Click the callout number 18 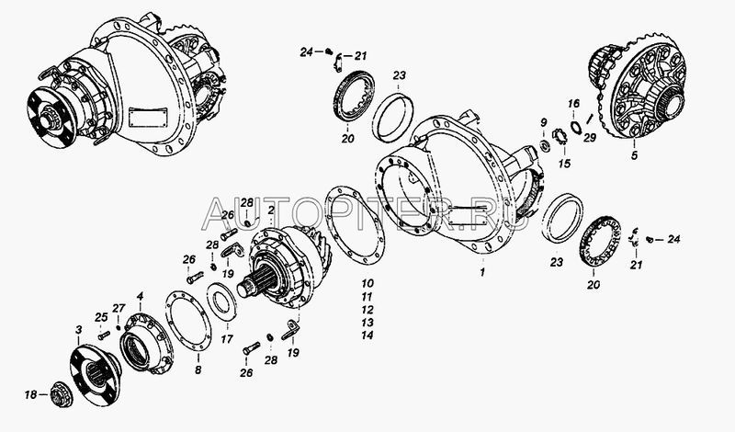click(x=30, y=395)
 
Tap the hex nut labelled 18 click(x=61, y=395)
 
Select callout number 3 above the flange click(x=78, y=330)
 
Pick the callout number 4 click(x=140, y=296)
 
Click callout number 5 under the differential click(x=634, y=155)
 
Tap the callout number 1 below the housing click(x=482, y=272)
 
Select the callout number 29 click(x=590, y=138)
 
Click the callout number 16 click(x=573, y=103)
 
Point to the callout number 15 click(x=564, y=164)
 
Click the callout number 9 click(x=543, y=123)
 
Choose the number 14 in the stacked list click(x=367, y=335)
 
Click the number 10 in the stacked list click(x=367, y=283)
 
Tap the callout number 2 click(x=270, y=210)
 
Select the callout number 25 click(x=101, y=317)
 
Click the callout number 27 click(x=119, y=308)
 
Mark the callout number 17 click(x=227, y=338)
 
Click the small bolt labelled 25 click(x=104, y=335)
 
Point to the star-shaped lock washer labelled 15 click(x=560, y=138)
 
